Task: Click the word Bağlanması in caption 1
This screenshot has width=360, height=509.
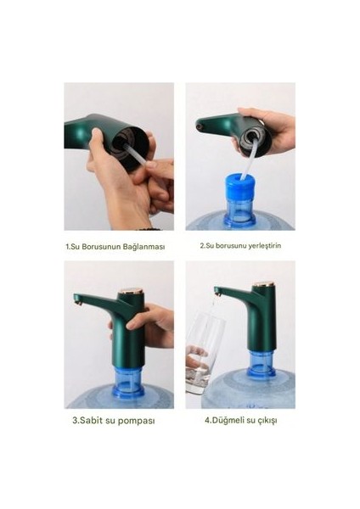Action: coord(144,246)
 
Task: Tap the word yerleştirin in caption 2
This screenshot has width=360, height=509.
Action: coord(264,245)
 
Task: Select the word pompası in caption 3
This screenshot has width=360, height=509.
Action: coord(136,421)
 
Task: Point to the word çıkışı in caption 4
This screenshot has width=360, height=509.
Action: coord(267,421)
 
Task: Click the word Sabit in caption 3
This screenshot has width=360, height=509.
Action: coord(92,421)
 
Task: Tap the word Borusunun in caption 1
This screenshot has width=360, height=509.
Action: coord(101,246)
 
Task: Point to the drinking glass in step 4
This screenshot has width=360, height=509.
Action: coord(205,354)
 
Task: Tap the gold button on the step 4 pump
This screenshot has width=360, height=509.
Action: coord(265,285)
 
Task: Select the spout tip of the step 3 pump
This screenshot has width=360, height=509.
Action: coord(77,303)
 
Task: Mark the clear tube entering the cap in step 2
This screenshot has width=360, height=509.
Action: coord(249,159)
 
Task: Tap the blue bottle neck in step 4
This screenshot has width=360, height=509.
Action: coord(262,362)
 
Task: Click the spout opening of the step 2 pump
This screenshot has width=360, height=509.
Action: coord(200,124)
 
